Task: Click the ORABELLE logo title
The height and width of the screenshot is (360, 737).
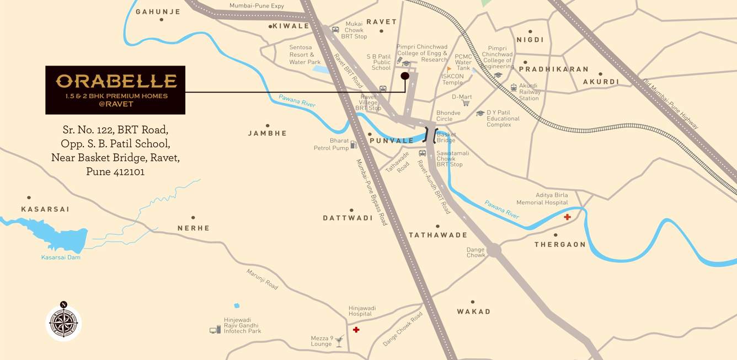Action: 115,82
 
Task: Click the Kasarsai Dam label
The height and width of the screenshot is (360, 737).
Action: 61,257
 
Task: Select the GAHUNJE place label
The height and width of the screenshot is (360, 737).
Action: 158,12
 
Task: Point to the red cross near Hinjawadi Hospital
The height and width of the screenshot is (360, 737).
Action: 356,330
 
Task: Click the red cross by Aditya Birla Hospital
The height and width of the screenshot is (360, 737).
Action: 567,217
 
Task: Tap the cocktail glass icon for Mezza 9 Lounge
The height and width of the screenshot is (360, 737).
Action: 339,341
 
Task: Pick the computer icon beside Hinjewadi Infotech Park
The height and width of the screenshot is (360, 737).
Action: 215,330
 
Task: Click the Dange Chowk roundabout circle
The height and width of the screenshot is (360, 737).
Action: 494,251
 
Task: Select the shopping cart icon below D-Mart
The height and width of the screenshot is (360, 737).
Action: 466,103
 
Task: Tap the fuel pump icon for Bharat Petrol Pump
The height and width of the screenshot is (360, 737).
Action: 354,144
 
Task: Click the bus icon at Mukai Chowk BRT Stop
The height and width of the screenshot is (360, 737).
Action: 335,30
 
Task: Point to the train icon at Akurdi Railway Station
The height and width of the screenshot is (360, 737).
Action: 514,87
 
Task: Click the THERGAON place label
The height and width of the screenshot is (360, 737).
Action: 560,244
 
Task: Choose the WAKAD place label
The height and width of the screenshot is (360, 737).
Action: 473,311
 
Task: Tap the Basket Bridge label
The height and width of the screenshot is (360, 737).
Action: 446,137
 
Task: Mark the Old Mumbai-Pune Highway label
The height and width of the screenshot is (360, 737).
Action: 670,104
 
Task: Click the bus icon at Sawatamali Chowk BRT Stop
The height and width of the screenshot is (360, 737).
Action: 423,153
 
